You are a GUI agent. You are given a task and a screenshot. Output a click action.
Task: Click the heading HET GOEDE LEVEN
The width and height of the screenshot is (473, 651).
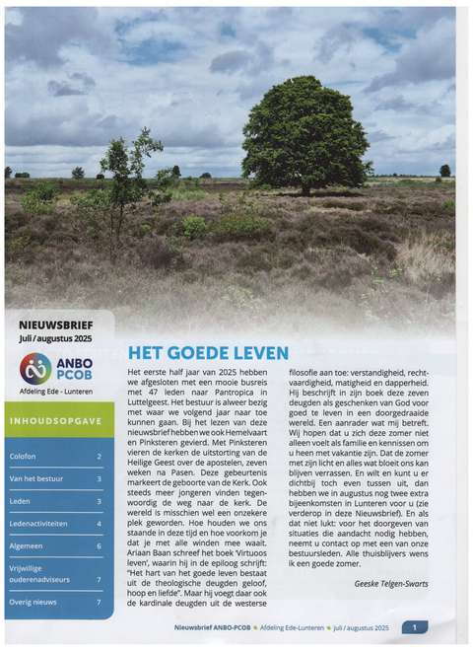(209, 352)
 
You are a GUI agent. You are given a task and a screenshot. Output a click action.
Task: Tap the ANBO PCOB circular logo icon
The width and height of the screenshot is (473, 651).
(34, 368)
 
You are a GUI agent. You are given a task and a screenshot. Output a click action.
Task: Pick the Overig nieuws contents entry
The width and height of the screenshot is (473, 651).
(33, 602)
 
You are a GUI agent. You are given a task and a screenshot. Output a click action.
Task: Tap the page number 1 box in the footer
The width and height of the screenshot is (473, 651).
(415, 627)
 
